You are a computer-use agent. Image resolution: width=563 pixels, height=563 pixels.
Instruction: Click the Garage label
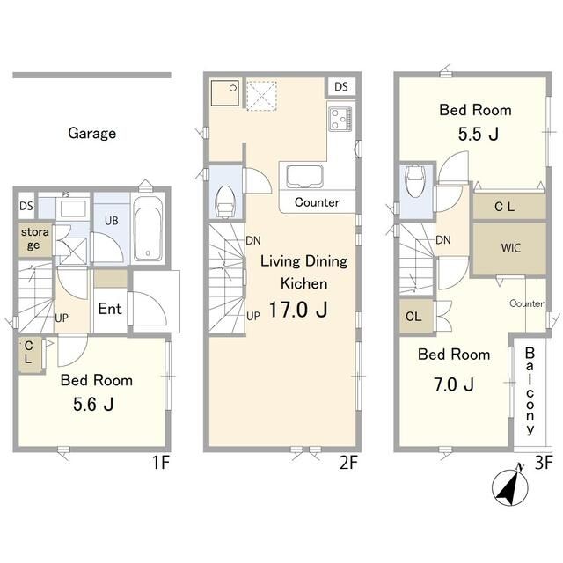pyautogui.click(x=91, y=134)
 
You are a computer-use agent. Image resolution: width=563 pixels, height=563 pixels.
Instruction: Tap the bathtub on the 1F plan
pyautogui.click(x=148, y=230)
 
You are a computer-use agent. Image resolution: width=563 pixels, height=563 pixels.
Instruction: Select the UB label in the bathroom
pyautogui.click(x=112, y=221)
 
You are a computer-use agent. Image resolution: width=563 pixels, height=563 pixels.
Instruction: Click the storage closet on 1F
pyautogui.click(x=35, y=239)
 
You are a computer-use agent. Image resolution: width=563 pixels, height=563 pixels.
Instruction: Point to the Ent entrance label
pyautogui.click(x=110, y=309)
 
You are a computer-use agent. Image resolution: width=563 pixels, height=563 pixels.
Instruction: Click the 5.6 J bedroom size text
pyautogui.click(x=93, y=405)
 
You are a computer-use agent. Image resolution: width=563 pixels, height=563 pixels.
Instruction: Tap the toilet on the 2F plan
pyautogui.click(x=225, y=201)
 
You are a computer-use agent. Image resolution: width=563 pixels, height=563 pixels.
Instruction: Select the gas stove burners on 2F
pyautogui.click(x=340, y=119)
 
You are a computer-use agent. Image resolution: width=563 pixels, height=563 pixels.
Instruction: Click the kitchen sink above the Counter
pyautogui.click(x=304, y=176)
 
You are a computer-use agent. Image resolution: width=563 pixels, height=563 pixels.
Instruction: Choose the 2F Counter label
pyautogui.click(x=317, y=202)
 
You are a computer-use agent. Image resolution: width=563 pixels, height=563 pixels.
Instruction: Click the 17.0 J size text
pyautogui.click(x=298, y=310)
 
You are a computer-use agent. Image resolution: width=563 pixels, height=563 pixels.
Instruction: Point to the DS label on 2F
pyautogui.click(x=341, y=86)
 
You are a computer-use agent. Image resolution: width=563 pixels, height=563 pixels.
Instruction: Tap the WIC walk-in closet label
pyautogui.click(x=510, y=248)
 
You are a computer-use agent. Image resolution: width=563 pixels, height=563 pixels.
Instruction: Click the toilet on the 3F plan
pyautogui.click(x=415, y=181)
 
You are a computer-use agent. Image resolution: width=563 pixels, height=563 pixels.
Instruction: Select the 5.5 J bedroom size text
pyautogui.click(x=478, y=135)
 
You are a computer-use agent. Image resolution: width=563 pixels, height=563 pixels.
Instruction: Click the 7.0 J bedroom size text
pyautogui.click(x=454, y=384)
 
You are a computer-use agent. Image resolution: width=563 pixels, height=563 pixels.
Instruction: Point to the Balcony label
pyautogui.click(x=530, y=391)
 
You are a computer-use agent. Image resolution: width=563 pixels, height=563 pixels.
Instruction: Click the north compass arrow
pyautogui.click(x=510, y=487)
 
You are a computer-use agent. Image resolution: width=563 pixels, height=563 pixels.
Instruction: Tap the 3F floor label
pyautogui.click(x=544, y=463)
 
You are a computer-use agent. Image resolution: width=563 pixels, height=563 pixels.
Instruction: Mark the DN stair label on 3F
pyautogui.click(x=443, y=240)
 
